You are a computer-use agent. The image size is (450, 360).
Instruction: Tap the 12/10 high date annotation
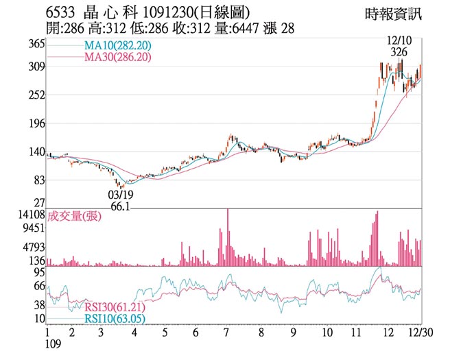tap(399, 40)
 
